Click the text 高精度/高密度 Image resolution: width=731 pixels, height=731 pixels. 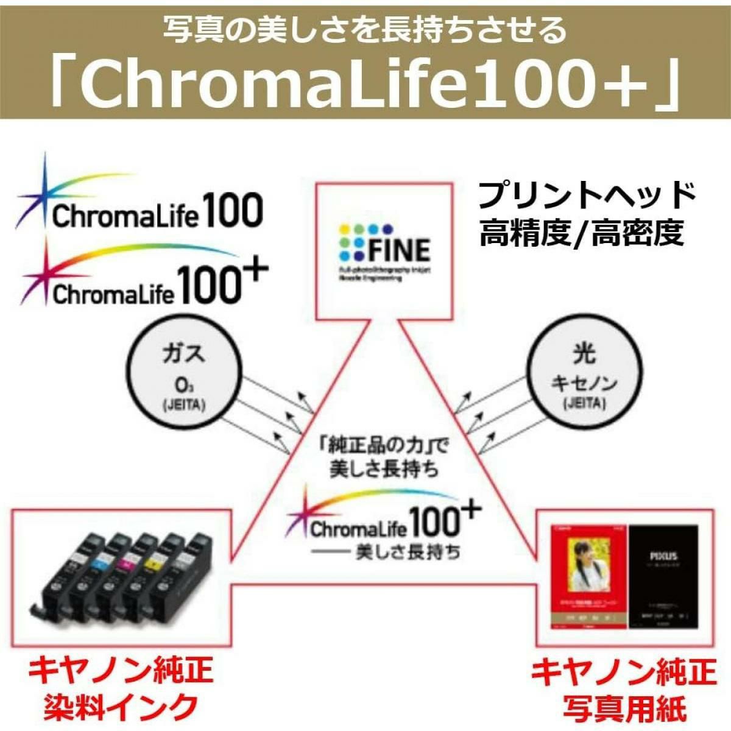point(582,233)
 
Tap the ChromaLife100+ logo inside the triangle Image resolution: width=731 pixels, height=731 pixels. point(384,518)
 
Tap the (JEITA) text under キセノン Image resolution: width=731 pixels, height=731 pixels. point(584,403)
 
